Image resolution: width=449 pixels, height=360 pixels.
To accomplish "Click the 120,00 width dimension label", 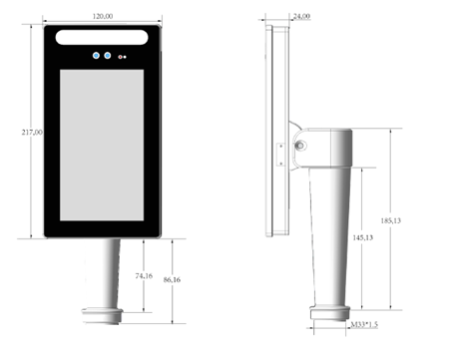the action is (103, 16).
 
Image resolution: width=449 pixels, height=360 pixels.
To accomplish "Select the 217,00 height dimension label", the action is (32, 133).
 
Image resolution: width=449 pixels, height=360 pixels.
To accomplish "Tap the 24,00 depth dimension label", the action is (301, 16).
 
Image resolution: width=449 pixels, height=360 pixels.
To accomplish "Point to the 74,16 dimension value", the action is (144, 276).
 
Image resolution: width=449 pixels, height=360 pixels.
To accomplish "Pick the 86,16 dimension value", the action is (172, 280).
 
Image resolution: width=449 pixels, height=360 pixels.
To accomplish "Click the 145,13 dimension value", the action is (363, 237).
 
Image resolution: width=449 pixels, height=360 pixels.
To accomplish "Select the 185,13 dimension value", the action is (391, 220).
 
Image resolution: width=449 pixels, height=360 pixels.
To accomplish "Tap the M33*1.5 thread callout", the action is (364, 324).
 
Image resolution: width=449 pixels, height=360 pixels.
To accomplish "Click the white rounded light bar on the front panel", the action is (102, 37).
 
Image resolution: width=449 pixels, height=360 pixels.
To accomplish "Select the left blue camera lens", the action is (96, 56).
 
